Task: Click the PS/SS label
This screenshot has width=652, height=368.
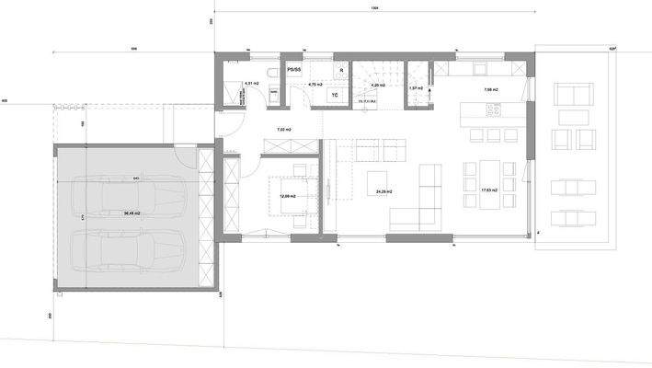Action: pos(294,69)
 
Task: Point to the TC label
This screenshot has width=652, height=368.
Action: pos(333,95)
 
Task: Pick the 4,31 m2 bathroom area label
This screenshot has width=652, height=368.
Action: pos(251,85)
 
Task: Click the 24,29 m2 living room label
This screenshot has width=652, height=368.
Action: pos(383,191)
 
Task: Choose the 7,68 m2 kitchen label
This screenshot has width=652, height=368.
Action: pos(489,90)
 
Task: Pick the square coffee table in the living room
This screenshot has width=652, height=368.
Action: pos(377,178)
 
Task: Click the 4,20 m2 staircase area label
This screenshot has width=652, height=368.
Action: pos(377,85)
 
